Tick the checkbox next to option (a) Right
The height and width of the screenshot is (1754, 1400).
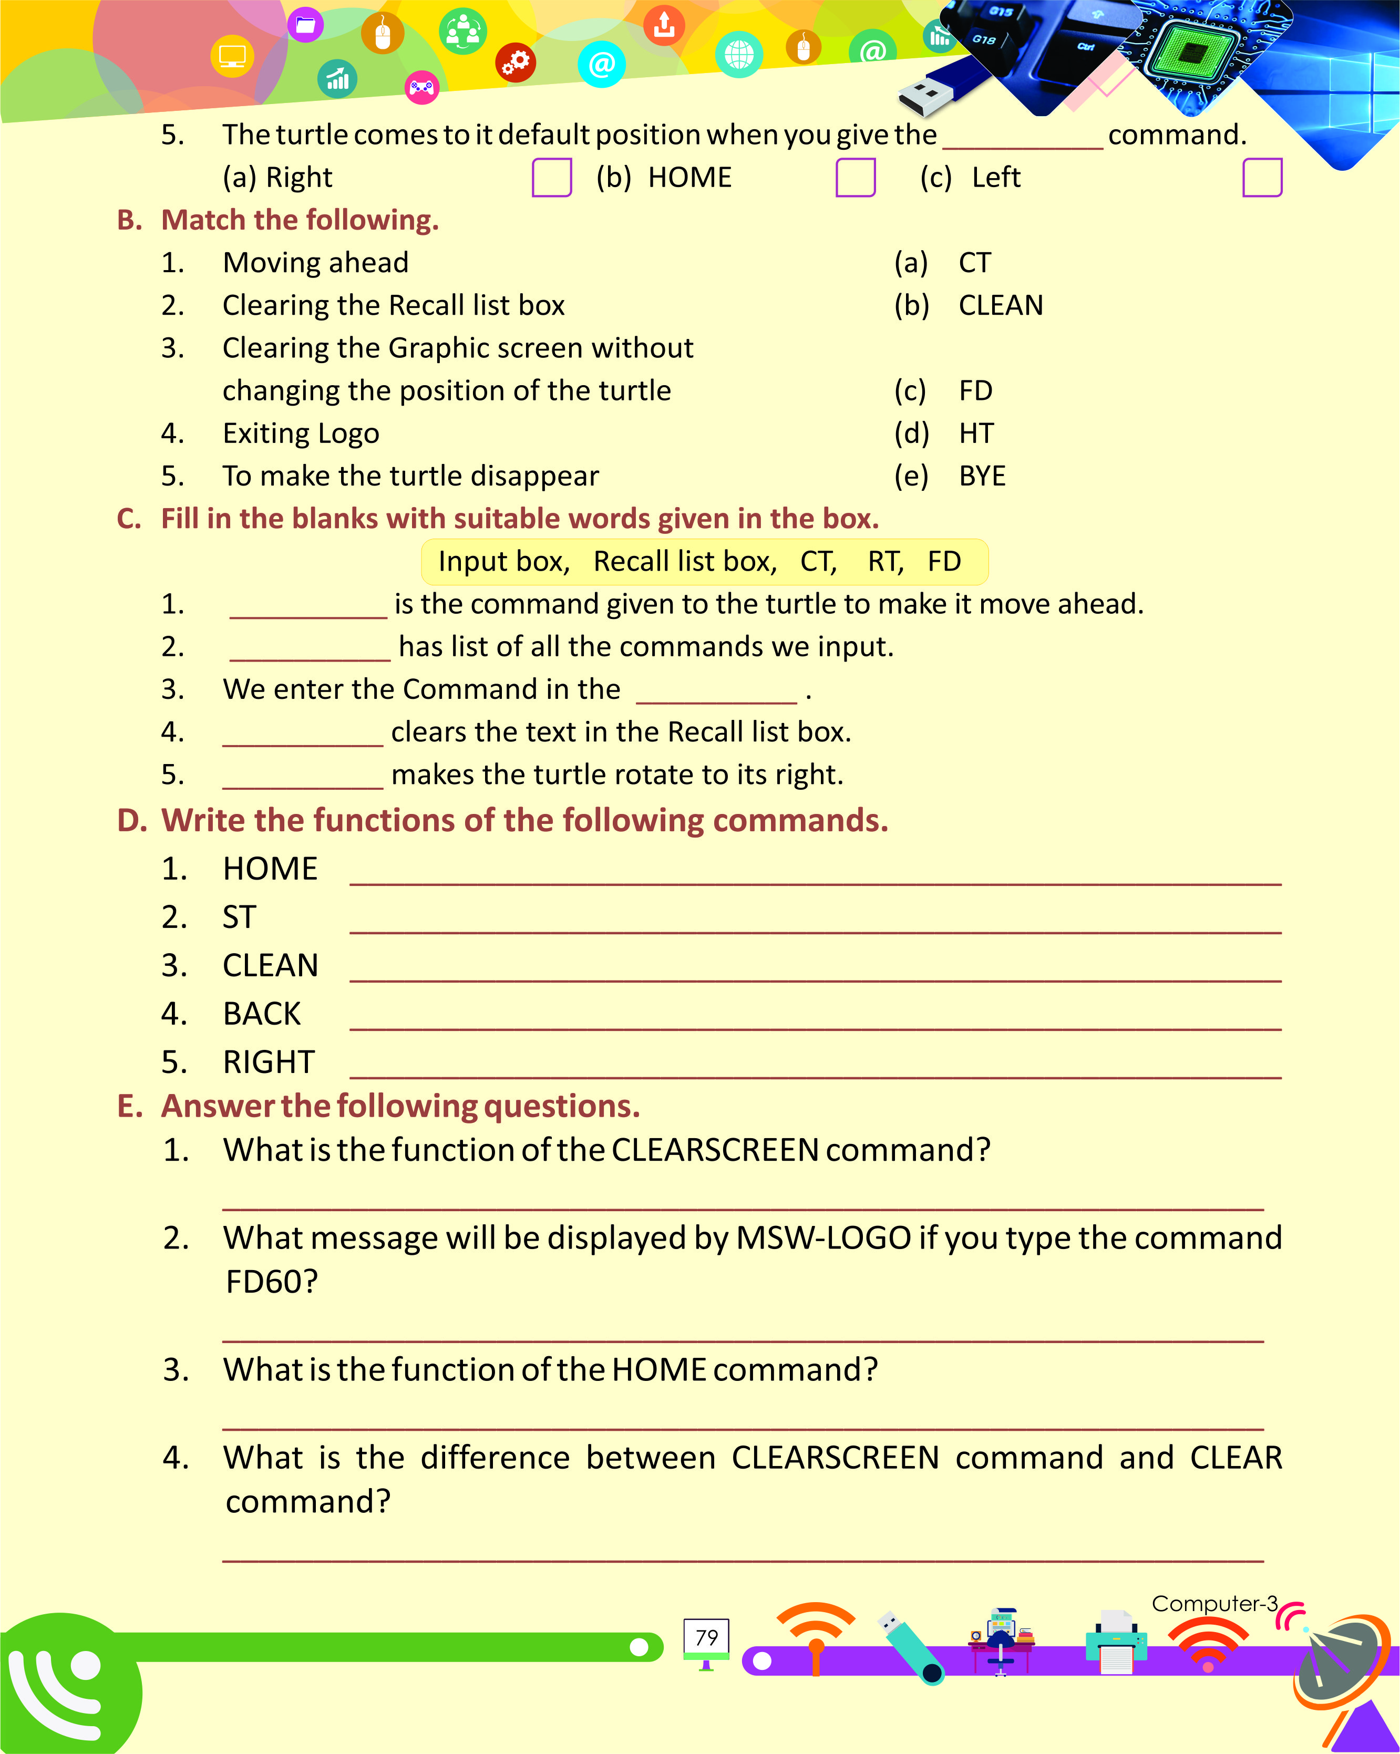pyautogui.click(x=552, y=178)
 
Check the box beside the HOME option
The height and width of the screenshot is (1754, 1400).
pyautogui.click(x=855, y=178)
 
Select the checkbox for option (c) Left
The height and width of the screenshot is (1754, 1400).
pyautogui.click(x=1262, y=178)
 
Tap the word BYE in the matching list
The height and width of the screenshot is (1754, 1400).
pyautogui.click(x=982, y=476)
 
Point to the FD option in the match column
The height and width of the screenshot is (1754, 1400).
pyautogui.click(x=975, y=390)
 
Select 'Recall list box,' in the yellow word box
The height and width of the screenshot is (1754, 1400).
pyautogui.click(x=685, y=561)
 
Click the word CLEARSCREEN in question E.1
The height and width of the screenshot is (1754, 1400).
pyautogui.click(x=714, y=1150)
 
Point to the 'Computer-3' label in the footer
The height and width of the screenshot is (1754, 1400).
pyautogui.click(x=1214, y=1604)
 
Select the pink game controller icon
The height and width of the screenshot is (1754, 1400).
pyautogui.click(x=421, y=87)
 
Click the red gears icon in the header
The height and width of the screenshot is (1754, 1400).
pyautogui.click(x=516, y=63)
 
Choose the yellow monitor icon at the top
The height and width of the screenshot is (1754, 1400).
pyautogui.click(x=232, y=57)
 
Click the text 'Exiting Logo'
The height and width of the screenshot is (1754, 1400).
pyautogui.click(x=301, y=434)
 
